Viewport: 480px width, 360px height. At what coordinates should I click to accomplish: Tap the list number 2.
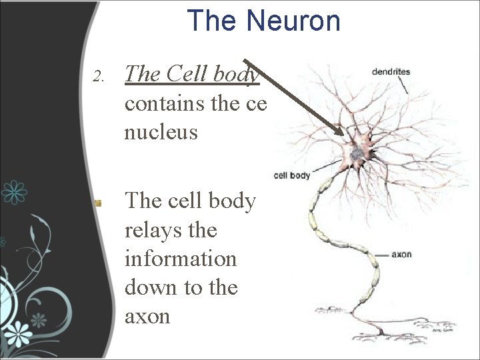[x=99, y=76]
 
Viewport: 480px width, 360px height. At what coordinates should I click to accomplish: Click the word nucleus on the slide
[x=161, y=132]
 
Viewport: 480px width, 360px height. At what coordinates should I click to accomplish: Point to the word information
[x=180, y=259]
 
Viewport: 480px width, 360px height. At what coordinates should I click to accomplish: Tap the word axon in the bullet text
[x=147, y=316]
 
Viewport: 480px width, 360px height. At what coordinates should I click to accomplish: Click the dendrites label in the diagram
[x=391, y=72]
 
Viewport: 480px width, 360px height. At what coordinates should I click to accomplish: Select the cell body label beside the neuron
[x=292, y=176]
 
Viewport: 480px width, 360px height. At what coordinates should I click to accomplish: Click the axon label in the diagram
[x=402, y=255]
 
